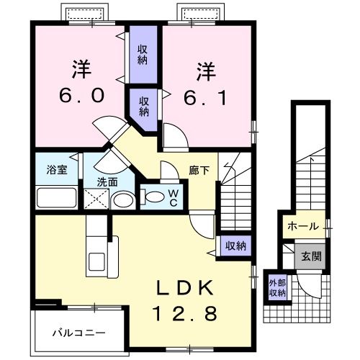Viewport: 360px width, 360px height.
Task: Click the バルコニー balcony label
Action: [x=79, y=333]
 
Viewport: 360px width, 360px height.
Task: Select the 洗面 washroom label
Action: [x=107, y=182]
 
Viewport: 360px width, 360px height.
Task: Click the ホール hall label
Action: [x=302, y=226]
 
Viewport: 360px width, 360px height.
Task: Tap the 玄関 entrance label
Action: [x=311, y=255]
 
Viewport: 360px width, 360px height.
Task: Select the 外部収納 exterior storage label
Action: [x=277, y=287]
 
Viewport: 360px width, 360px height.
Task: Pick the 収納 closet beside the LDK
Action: [x=235, y=246]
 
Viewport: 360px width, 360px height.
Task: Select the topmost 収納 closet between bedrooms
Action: [x=143, y=53]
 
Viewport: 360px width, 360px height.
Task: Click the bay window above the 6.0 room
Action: [x=85, y=14]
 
